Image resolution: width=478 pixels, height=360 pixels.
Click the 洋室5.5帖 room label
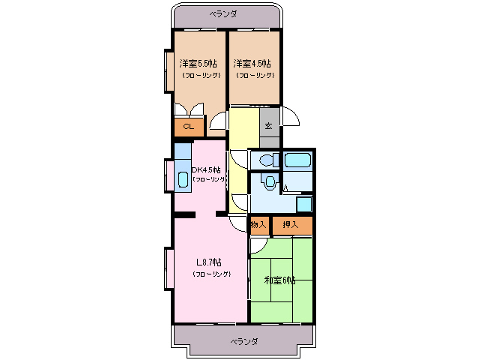coord(198,64)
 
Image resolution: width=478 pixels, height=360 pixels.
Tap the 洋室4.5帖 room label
coord(252,64)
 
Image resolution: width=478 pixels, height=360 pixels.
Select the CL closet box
coord(189,127)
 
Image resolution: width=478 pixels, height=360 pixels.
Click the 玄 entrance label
coord(268,126)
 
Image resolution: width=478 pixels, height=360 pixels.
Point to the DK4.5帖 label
coord(206,169)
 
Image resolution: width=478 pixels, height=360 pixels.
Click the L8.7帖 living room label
coord(209,262)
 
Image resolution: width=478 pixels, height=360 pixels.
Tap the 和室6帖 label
coord(279,280)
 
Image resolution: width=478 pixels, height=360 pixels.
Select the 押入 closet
coord(292,225)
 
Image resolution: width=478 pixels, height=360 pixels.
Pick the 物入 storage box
coord(258,225)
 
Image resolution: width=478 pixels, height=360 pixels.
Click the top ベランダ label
coord(223,14)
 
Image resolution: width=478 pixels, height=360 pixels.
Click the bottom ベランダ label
coord(244,341)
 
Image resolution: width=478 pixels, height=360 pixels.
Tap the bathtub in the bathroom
coord(297,160)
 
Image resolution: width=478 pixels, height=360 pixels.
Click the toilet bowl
coord(267,160)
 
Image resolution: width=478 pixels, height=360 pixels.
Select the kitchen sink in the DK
coord(183,179)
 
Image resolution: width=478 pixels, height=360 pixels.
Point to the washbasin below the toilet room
coord(270,181)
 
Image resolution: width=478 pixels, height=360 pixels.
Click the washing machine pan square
coord(304,204)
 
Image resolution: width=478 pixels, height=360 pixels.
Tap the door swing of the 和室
coord(258,246)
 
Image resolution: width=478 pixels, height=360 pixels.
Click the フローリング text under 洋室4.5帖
coord(255,75)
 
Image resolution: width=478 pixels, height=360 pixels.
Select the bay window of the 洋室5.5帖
coord(169,70)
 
